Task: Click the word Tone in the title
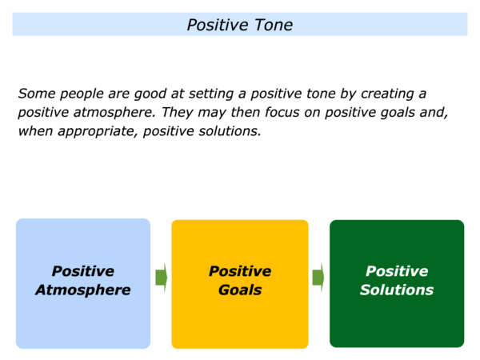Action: click(x=274, y=25)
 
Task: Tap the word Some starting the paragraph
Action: click(x=37, y=94)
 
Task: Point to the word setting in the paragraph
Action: click(x=211, y=94)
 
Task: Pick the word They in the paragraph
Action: click(x=178, y=112)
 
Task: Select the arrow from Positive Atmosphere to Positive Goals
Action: click(x=162, y=278)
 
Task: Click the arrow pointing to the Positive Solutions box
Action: click(x=318, y=278)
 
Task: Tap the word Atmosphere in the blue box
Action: click(x=83, y=290)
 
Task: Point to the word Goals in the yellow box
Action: click(x=240, y=290)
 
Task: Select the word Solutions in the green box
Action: click(x=397, y=290)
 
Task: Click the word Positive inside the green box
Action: click(x=397, y=271)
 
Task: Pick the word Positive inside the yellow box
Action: click(x=240, y=271)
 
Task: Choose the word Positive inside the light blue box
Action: click(x=83, y=271)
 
